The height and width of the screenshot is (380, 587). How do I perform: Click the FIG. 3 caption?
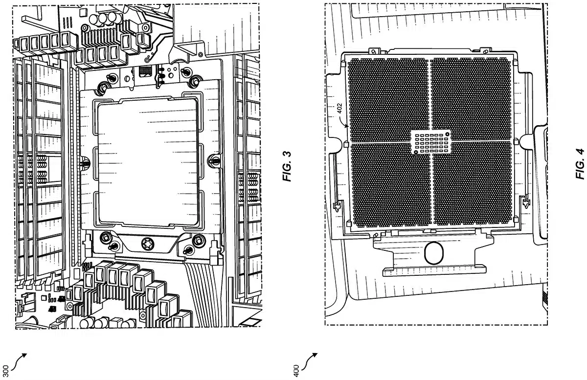click(287, 166)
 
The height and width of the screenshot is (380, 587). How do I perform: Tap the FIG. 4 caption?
click(580, 164)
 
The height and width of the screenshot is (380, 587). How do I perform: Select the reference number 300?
click(6, 371)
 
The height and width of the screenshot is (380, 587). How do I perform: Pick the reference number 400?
click(296, 371)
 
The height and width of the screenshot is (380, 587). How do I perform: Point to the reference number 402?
click(339, 108)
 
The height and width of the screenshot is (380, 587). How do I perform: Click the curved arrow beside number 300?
click(19, 361)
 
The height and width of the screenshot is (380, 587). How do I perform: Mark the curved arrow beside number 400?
click(309, 361)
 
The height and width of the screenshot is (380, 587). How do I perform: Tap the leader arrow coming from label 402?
click(343, 121)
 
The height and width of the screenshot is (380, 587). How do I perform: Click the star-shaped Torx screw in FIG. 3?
click(148, 244)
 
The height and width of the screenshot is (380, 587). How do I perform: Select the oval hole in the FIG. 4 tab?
click(434, 253)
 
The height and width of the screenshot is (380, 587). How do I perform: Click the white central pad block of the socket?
click(430, 142)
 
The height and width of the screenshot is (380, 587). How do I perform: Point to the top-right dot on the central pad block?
click(447, 134)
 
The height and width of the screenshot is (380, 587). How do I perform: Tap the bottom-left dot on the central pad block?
click(416, 152)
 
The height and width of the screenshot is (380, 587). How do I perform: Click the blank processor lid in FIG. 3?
click(148, 162)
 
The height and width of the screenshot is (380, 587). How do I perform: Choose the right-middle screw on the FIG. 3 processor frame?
click(214, 160)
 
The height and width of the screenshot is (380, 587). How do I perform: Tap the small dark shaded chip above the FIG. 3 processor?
click(145, 71)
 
